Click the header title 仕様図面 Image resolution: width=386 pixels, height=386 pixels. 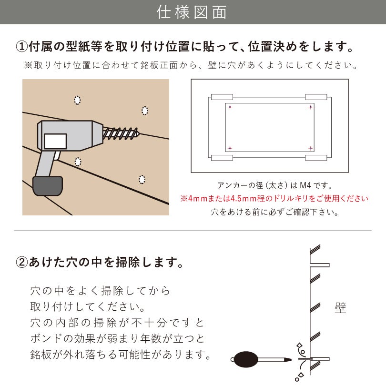pos(193,12)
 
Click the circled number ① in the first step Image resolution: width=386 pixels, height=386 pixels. pos(22,47)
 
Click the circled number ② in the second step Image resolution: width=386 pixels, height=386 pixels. pos(22,262)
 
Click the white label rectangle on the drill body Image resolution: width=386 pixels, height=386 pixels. pos(55,142)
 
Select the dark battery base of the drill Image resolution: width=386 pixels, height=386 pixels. pos(47,185)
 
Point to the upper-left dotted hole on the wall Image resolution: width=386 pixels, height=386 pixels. pos(77,100)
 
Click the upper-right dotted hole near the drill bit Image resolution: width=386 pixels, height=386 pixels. pos(144,111)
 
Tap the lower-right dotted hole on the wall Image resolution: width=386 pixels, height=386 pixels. pos(142,179)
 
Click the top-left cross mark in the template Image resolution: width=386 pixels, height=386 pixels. pos(230,107)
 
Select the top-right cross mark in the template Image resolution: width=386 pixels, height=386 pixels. pos(310,107)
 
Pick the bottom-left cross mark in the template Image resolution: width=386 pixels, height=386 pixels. pos(230,148)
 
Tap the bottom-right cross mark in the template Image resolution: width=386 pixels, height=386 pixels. pos(310,148)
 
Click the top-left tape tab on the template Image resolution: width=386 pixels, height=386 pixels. pos(222,97)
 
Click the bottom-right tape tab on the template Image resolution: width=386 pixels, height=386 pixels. pos(316,158)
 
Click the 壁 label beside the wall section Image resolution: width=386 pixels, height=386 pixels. pos(340,308)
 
